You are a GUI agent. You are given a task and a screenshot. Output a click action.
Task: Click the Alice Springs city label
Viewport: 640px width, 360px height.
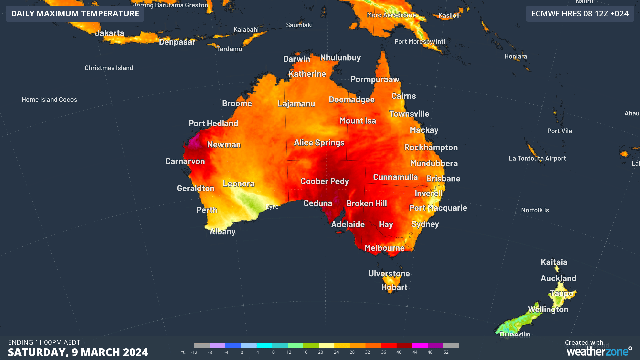coord(319,143)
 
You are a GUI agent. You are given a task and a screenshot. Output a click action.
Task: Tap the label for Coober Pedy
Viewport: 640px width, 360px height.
coord(324,181)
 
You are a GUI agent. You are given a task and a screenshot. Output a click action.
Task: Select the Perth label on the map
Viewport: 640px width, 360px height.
coord(207,210)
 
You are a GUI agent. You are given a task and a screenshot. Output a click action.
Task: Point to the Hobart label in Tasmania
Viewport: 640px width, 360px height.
coord(394,287)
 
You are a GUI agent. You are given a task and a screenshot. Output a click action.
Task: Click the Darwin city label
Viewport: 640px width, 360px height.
coord(296,59)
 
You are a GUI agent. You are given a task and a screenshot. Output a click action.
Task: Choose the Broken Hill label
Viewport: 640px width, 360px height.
coord(366,203)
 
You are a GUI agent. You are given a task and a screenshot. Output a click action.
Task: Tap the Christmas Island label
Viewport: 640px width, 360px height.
coord(109,68)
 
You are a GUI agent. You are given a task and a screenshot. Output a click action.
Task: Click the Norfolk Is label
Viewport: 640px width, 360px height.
coord(535,210)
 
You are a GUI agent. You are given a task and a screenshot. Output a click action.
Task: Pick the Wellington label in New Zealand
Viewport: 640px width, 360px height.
coord(548,310)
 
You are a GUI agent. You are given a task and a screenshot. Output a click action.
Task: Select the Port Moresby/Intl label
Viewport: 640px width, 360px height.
coord(420,42)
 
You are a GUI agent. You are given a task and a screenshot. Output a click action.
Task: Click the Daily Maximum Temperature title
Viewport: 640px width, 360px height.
coord(75,14)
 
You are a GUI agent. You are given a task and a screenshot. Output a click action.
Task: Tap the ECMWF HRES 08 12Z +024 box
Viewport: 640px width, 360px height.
coord(580,14)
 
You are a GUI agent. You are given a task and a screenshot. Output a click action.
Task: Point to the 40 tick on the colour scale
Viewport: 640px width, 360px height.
coord(399,352)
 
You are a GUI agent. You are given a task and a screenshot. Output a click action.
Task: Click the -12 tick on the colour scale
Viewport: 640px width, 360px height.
coord(194,352)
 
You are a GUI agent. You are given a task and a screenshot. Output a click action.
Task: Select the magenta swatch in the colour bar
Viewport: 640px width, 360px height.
coord(420,346)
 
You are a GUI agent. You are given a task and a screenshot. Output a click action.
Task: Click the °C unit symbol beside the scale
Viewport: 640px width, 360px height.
coord(183,352)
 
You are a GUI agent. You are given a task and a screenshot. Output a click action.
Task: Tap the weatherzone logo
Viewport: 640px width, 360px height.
coord(599,351)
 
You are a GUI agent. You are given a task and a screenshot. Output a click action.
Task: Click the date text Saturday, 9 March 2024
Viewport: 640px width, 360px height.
coord(78,352)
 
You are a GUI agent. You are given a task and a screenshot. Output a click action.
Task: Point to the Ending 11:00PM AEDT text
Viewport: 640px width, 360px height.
coord(44,342)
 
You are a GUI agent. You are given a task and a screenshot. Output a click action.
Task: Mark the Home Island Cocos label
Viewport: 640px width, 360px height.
coord(49,100)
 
